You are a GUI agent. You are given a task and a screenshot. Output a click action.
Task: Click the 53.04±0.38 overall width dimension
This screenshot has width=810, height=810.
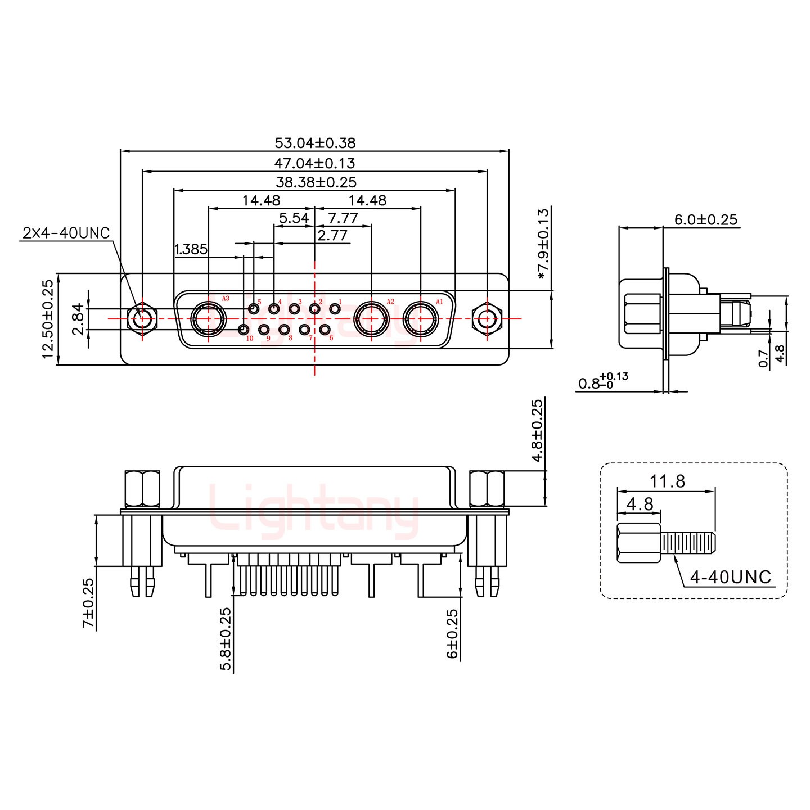tap(314, 143)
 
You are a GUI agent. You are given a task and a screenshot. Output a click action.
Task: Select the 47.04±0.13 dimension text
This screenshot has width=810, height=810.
tap(314, 163)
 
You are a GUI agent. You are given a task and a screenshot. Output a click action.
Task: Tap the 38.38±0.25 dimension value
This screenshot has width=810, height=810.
tap(316, 182)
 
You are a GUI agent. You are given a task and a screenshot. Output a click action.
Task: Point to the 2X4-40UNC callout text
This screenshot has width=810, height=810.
tap(66, 233)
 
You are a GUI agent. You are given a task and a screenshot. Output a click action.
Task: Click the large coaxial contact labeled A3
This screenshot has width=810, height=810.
tap(209, 319)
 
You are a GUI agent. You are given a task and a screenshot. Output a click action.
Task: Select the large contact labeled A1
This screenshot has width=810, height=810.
tap(420, 319)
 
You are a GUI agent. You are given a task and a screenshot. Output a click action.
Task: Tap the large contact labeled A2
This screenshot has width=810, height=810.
tap(371, 319)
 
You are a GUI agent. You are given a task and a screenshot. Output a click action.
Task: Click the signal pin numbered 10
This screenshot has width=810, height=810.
tap(244, 330)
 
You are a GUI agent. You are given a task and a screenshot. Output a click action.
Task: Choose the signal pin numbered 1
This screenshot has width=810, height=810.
tap(335, 308)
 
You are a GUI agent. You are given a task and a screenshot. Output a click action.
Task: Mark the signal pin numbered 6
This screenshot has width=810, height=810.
tap(325, 330)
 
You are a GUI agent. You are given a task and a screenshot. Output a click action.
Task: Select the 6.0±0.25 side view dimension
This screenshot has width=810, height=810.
tap(705, 219)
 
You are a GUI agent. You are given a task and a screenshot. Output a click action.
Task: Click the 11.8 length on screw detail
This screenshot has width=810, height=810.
tap(668, 481)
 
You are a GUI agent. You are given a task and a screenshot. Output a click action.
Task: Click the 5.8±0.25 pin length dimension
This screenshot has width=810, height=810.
tap(226, 638)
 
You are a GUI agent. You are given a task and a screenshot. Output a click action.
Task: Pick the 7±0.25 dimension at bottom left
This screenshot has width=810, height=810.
tap(89, 604)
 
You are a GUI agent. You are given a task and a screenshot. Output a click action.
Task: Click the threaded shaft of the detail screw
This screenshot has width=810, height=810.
tap(688, 543)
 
